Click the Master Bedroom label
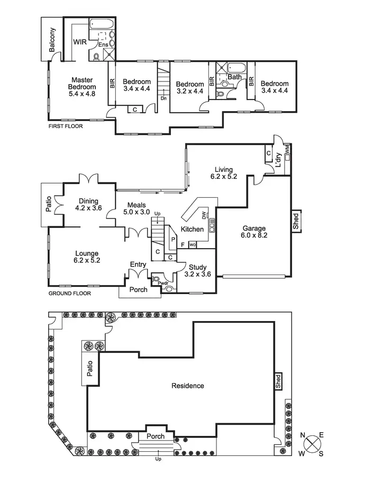82,87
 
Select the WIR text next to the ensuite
79,41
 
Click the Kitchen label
191,229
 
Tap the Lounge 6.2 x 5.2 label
87,257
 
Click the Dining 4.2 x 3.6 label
88,204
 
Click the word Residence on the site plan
188,386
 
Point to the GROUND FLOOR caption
69,293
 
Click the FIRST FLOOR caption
65,126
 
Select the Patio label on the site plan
90,368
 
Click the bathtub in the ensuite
101,24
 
